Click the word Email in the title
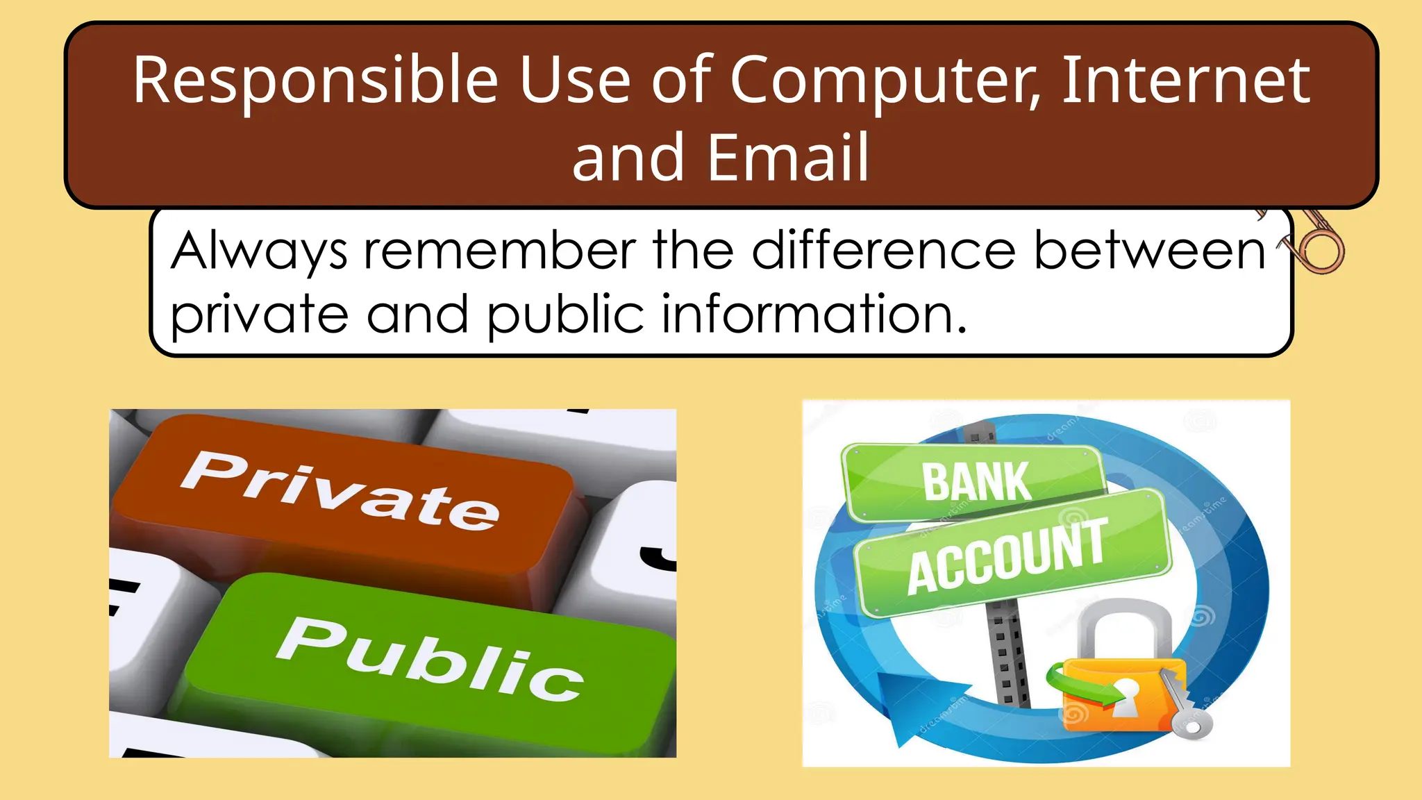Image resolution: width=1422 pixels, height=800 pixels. [788, 158]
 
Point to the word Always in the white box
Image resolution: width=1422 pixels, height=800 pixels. [259, 251]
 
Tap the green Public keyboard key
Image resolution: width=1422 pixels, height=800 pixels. [430, 660]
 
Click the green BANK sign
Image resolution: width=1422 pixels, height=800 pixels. [976, 481]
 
